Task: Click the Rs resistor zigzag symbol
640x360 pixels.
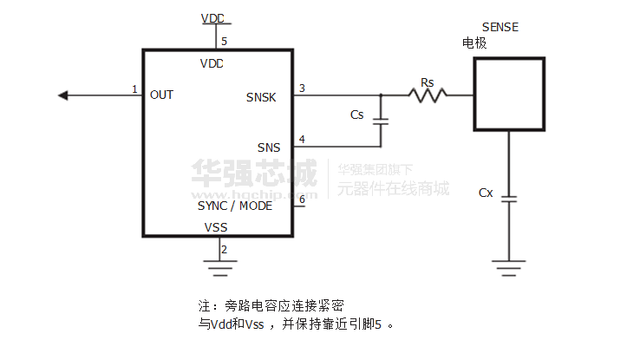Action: [x=428, y=95]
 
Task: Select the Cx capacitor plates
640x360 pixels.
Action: [x=508, y=199]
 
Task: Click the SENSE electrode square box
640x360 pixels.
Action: [x=508, y=94]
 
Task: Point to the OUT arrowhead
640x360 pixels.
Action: [x=62, y=95]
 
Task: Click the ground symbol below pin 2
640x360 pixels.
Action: [x=217, y=264]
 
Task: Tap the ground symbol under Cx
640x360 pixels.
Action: [x=508, y=264]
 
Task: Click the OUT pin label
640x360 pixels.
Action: [x=161, y=95]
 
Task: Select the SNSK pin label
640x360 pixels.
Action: [x=261, y=97]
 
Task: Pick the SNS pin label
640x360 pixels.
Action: [x=269, y=147]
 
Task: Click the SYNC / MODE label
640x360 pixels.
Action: [x=235, y=206]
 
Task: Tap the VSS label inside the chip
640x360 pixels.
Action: [x=217, y=227]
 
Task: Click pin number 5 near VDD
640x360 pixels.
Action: [x=224, y=41]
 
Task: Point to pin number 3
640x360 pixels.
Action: [x=301, y=88]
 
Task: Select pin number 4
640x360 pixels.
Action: [x=301, y=139]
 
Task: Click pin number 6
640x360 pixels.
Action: [x=301, y=199]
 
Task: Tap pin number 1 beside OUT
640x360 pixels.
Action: [x=134, y=88]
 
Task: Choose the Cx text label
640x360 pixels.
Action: [x=486, y=193]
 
